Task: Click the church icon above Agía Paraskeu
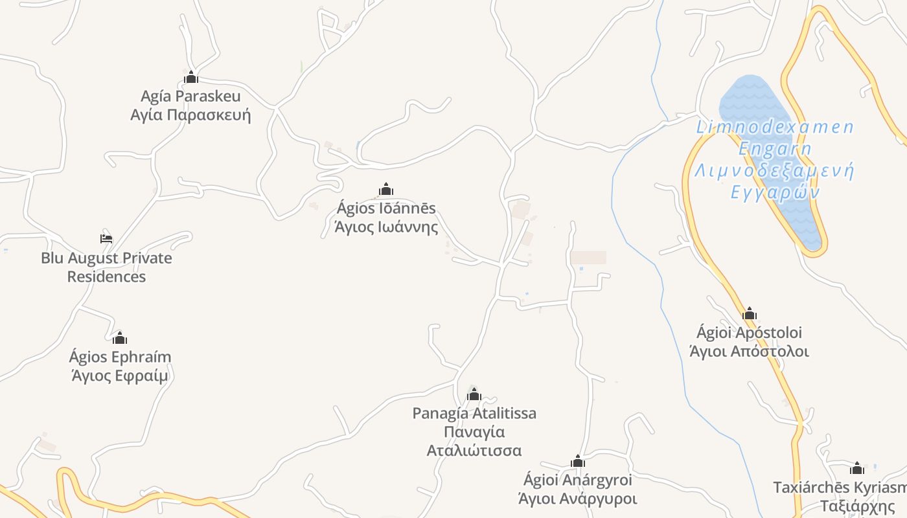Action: coord(190,78)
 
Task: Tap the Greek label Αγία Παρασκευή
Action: coord(190,115)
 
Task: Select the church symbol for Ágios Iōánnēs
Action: coord(386,189)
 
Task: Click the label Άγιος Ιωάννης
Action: coord(386,227)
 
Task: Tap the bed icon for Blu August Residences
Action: coord(106,238)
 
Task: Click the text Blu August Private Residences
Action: coord(106,267)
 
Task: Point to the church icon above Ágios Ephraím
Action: coord(120,338)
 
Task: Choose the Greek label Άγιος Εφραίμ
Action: coord(120,376)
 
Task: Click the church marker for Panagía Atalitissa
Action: coord(474,394)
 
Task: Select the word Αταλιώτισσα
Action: coord(474,451)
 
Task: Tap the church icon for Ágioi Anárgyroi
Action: coord(578,462)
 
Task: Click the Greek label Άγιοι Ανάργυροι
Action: coord(578,499)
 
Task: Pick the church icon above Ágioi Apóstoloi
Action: coord(750,314)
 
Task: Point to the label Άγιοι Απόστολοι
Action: coord(750,352)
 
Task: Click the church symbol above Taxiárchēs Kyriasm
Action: coord(857,468)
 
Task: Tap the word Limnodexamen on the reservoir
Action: coord(775,127)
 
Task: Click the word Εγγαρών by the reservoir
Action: coord(775,192)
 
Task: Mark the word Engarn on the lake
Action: coord(775,149)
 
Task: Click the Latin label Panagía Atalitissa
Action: coord(474,413)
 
